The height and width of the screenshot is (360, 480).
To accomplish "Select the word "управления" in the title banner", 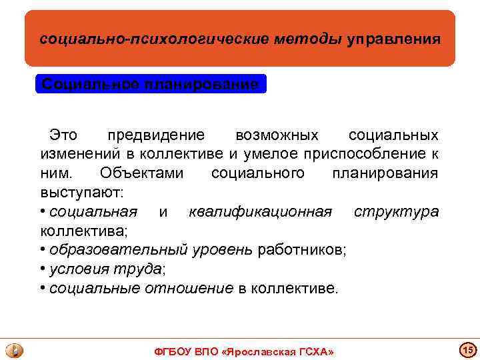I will click(393, 39).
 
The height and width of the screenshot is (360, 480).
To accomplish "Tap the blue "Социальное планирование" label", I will click(150, 85).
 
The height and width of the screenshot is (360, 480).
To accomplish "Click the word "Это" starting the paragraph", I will click(63, 135).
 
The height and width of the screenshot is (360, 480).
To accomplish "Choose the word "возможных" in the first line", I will click(277, 135).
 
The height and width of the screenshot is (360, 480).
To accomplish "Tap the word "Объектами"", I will click(141, 173).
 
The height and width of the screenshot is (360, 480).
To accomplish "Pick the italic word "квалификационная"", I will click(260, 212).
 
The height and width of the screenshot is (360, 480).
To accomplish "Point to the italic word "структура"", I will click(396, 212).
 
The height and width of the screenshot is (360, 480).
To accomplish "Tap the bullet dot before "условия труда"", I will click(42, 269).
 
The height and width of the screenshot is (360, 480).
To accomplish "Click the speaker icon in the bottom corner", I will click(14, 349).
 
